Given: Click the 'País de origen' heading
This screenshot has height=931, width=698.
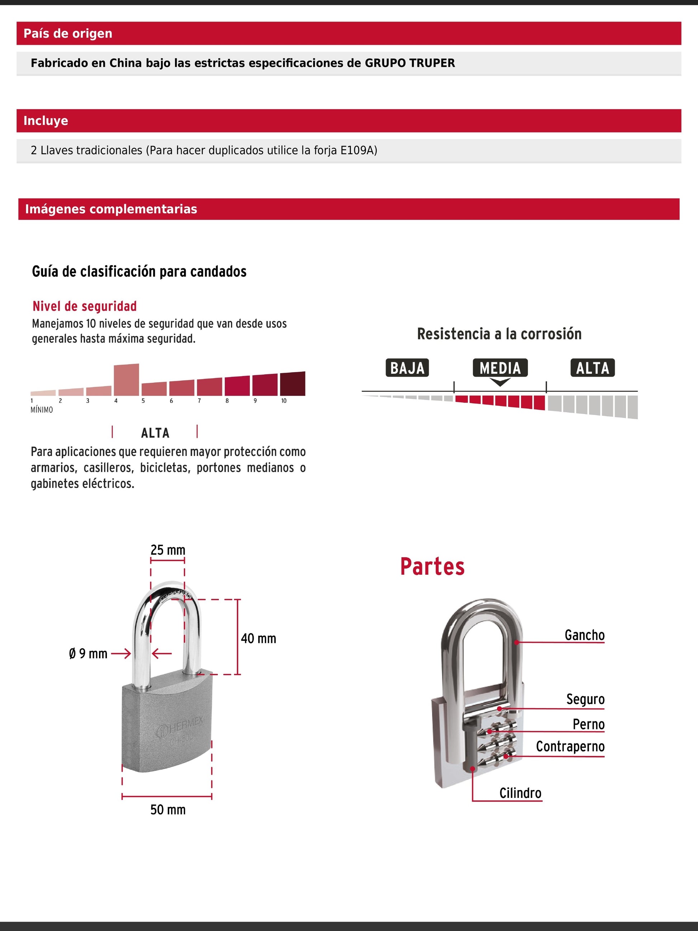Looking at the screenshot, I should coord(68,33).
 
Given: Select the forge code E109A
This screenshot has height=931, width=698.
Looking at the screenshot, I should coord(357,150).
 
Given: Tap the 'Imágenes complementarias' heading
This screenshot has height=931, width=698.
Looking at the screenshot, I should coord(111,209).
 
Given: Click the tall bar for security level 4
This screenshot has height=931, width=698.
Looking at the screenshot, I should coord(126,380).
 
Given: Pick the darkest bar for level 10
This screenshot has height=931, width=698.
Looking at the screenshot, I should coord(292,384).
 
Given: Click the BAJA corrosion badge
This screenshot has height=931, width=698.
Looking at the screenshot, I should coord(407,368).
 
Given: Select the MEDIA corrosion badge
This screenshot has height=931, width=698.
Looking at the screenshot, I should coord(500,368).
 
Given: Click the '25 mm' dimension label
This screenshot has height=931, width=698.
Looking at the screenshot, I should coord(168,550).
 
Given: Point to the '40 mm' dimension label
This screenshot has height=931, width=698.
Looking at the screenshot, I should coord(258,639).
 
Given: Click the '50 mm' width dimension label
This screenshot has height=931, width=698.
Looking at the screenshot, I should coord(168,809).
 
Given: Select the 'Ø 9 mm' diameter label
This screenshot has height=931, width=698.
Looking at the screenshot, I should coord(88,654).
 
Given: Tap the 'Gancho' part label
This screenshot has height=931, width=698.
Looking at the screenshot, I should coord(584,635).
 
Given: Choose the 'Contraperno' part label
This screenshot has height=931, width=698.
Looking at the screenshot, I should coord(570,746).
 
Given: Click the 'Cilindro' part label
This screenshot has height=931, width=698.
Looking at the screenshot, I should coord(520,793).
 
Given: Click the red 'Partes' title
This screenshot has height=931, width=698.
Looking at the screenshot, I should coord(432,566).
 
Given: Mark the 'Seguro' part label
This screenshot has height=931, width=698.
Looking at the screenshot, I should coord(585,699).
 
